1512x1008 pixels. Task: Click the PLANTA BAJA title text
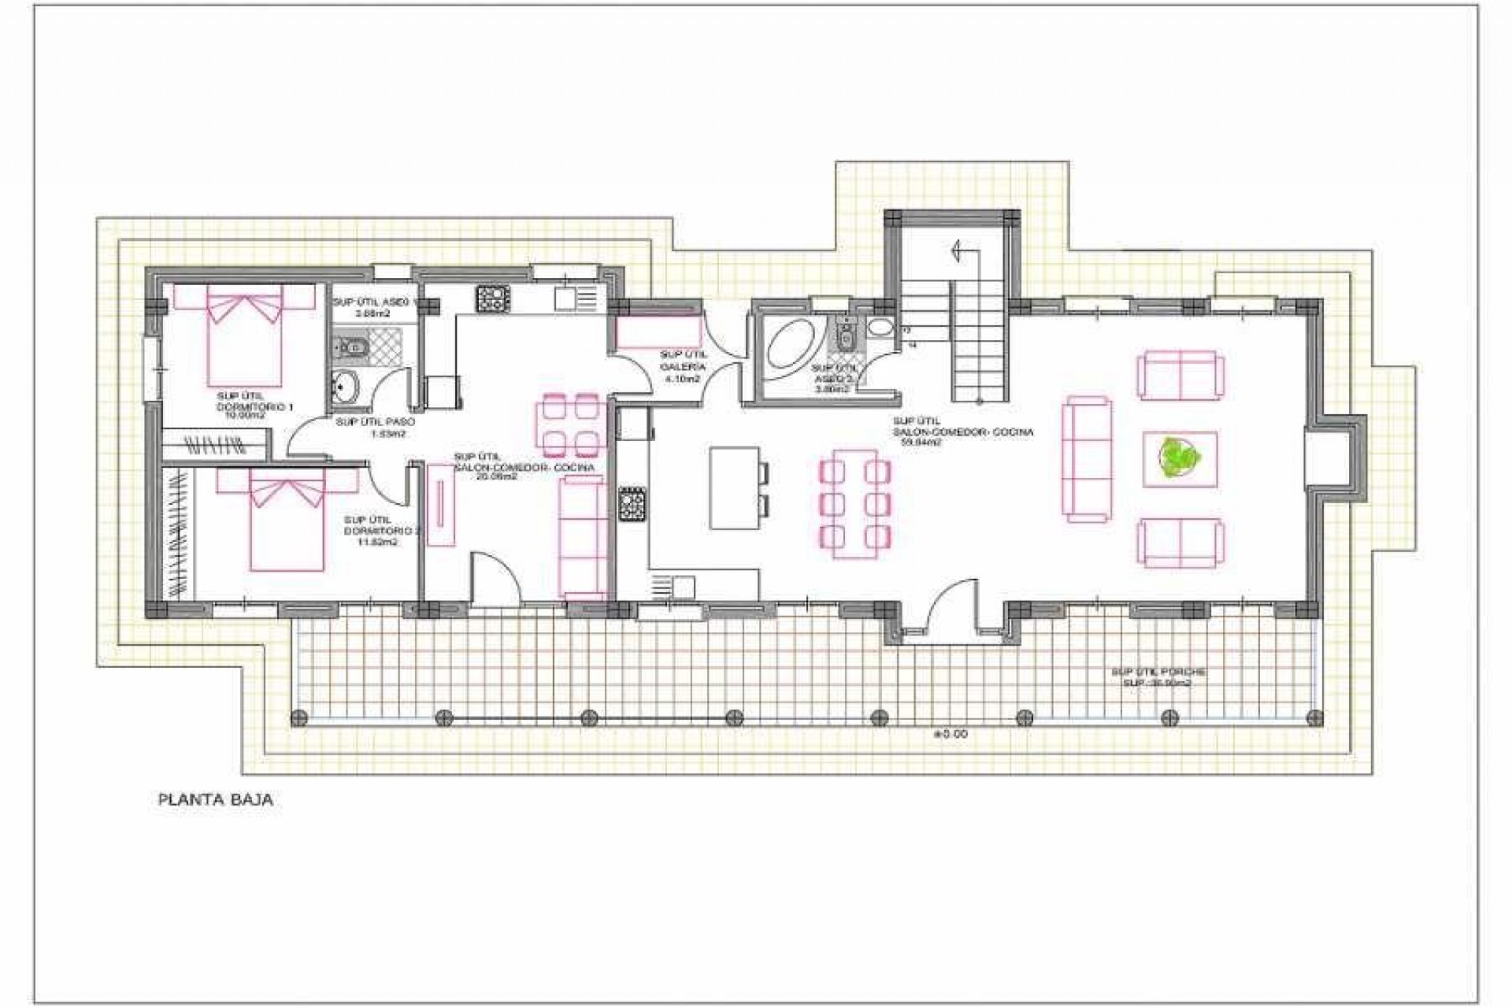click(216, 800)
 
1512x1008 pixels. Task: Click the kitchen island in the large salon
click(734, 487)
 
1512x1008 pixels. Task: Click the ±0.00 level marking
click(950, 734)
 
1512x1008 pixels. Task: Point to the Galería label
click(682, 367)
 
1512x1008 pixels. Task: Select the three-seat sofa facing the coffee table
click(1088, 459)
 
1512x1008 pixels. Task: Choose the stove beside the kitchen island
click(632, 505)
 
